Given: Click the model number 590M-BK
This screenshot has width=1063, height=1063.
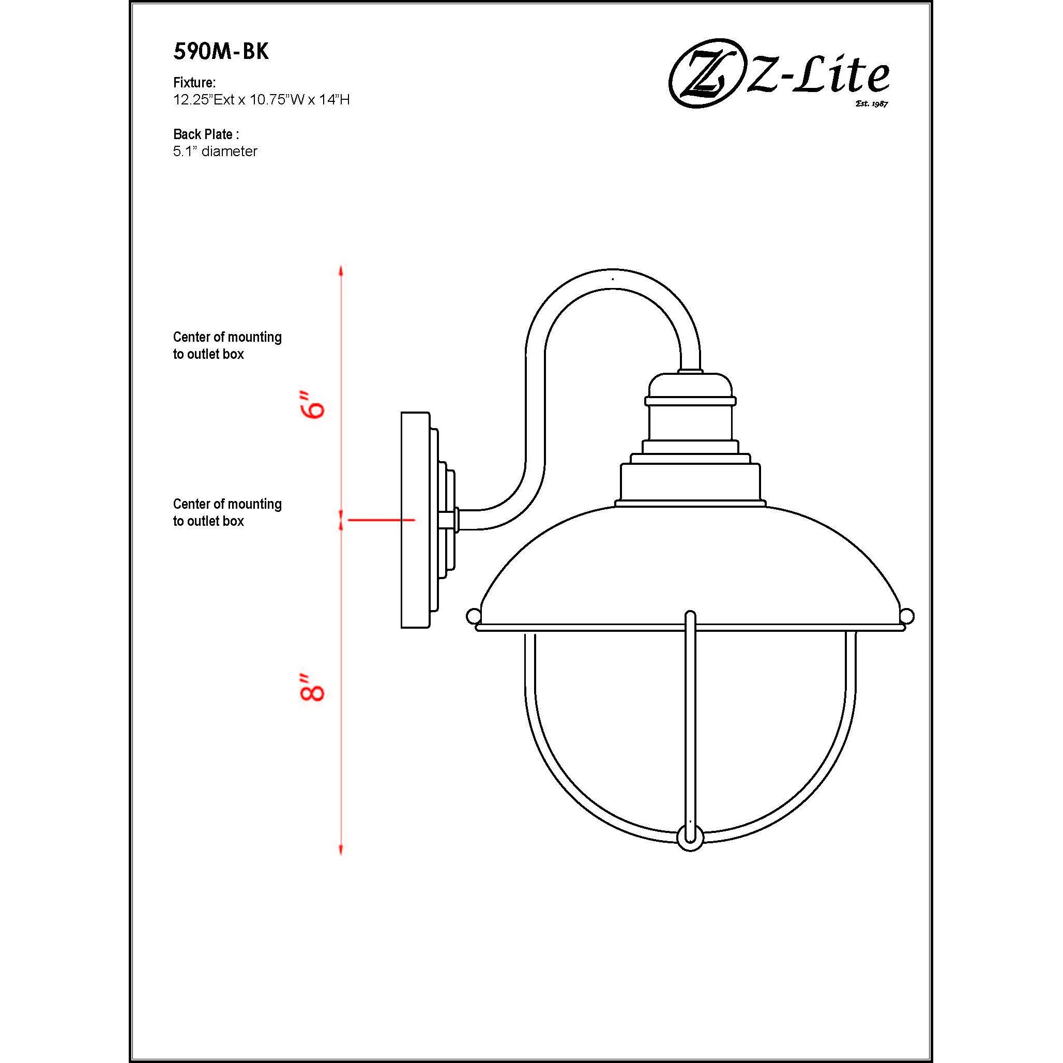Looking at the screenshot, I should pos(221,51).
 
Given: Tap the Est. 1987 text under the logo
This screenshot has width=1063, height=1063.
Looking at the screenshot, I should pos(872,103).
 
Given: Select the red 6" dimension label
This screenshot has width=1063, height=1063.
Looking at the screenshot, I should pos(313,405).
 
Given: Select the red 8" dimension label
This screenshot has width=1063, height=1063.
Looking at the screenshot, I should pos(312,686).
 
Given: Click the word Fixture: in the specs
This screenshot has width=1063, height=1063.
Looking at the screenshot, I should pos(194,83).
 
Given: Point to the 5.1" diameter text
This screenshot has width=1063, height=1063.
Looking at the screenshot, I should pos(215,151).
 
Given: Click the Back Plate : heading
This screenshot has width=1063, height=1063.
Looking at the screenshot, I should pos(206,134).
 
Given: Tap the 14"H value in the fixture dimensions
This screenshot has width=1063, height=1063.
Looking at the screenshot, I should pos(333,100).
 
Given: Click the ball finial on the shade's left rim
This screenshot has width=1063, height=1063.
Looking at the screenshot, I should pos(473,616).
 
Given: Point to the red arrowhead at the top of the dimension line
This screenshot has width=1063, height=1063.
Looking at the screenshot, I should pos(341,271).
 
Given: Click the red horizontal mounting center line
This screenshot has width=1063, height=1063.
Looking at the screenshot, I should pos(381,520).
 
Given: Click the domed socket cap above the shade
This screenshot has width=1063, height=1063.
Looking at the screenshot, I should pos(690,387).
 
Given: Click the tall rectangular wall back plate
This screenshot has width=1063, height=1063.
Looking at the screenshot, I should pos(415,520).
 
